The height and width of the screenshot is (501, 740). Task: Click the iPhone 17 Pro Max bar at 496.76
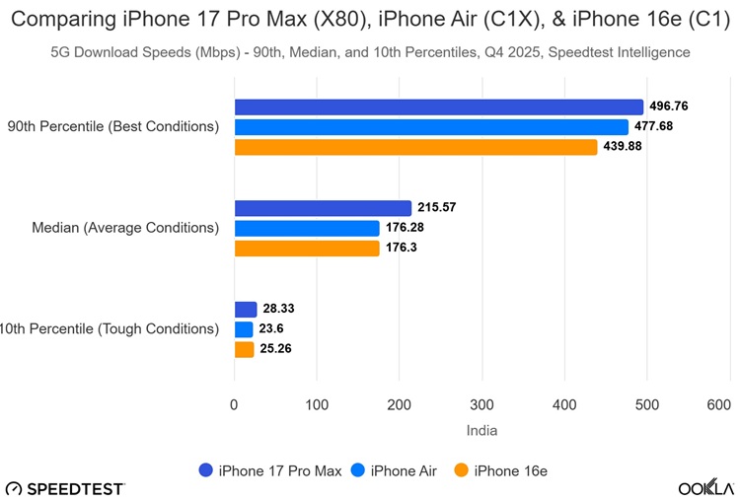coord(438,107)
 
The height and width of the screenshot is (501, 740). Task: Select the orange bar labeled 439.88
coord(415,147)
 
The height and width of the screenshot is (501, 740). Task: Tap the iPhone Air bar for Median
coord(306,229)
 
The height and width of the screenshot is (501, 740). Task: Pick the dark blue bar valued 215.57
coord(322,208)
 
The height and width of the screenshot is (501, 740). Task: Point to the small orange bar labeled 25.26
coord(244,349)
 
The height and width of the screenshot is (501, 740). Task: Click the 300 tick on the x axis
coord(481,404)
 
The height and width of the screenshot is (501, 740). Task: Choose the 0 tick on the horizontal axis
coord(234,404)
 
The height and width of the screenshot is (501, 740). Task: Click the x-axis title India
coord(481,430)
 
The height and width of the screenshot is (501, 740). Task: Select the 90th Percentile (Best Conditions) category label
coord(112,127)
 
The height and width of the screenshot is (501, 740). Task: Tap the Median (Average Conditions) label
coord(125,228)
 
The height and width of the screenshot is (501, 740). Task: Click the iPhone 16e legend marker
coord(460,470)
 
